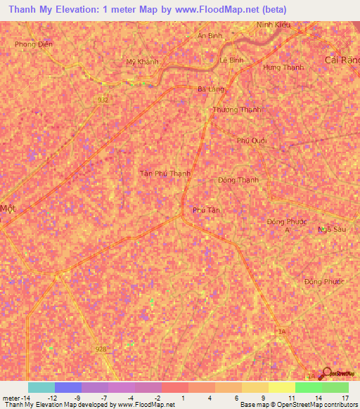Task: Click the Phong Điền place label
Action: click(29, 44)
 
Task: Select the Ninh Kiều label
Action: click(274, 25)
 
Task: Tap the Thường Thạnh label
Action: click(237, 110)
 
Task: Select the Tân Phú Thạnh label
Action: click(165, 173)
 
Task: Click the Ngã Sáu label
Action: click(332, 229)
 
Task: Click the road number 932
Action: click(103, 100)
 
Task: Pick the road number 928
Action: click(101, 349)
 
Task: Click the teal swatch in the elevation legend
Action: click(41, 387)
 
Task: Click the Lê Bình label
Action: click(231, 60)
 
